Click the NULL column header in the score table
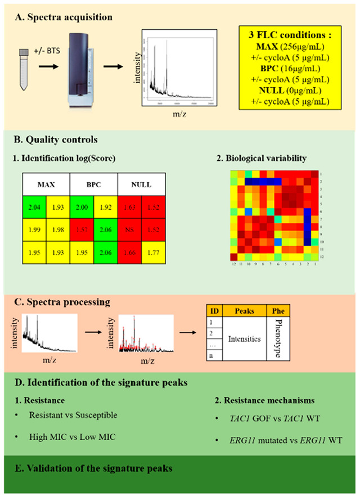tap(141, 185)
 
